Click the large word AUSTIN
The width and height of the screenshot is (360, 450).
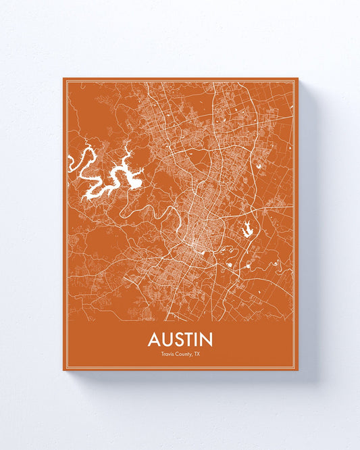coord(180,339)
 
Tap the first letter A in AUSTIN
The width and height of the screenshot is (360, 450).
coord(155,339)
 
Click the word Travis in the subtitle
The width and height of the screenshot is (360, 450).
coord(168,353)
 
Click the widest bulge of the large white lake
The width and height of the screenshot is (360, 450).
coord(133,181)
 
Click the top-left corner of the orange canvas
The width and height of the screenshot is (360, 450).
coord(63,78)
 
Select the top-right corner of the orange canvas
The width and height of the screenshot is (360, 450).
coord(298,78)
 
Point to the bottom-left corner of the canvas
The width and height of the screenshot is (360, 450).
coord(63,370)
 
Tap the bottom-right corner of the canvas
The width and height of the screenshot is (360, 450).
coord(298,370)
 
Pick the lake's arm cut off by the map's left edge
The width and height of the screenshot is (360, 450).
coord(71,161)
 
